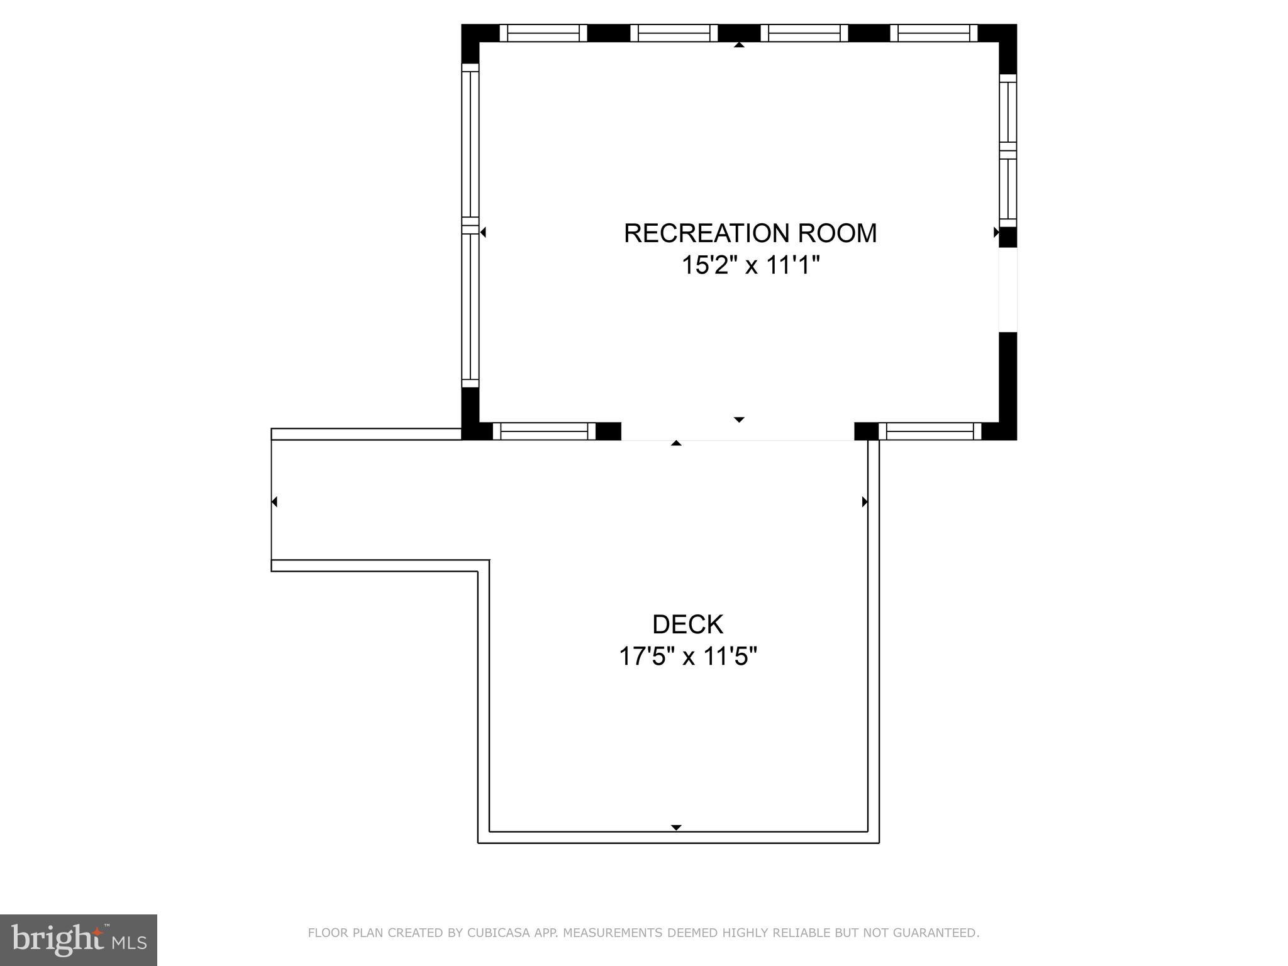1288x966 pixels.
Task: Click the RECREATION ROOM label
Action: click(x=750, y=233)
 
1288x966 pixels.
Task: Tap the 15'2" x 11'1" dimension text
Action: click(x=751, y=265)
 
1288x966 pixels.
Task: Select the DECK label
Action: click(x=687, y=625)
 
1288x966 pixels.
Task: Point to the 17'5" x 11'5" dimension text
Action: click(x=687, y=657)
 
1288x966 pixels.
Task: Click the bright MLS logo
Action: click(x=79, y=940)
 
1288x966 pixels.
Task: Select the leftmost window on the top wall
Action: click(x=543, y=33)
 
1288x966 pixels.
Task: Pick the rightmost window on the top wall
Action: click(x=934, y=33)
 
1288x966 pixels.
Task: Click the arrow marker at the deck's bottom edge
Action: click(x=676, y=828)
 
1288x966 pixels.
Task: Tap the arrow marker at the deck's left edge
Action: click(x=274, y=502)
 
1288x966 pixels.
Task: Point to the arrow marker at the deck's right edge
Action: click(x=865, y=502)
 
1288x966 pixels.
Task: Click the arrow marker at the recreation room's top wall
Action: click(x=739, y=45)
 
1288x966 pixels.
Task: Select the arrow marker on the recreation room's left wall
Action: click(x=483, y=233)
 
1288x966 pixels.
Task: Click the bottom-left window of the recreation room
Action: click(x=543, y=431)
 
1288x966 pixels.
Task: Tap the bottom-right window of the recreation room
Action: click(x=930, y=431)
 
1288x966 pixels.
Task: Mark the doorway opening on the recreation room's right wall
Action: click(x=1008, y=290)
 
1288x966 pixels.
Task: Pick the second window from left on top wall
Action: click(x=674, y=33)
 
